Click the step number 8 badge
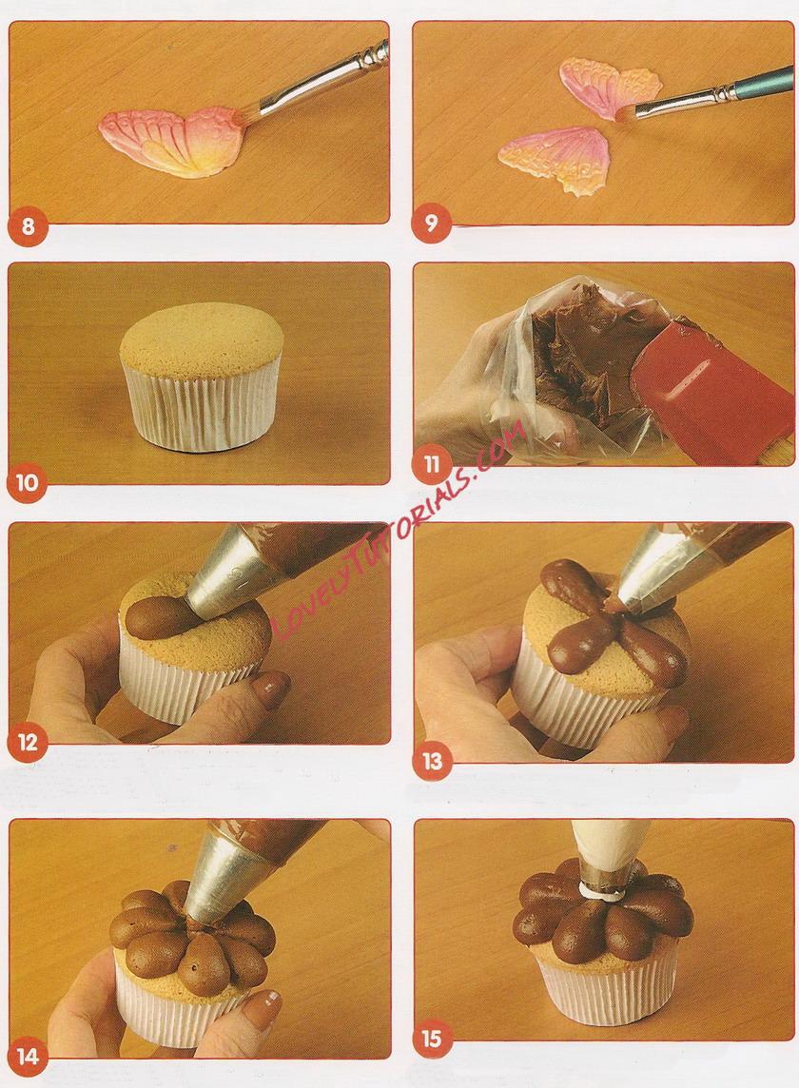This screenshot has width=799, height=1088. click(28, 226)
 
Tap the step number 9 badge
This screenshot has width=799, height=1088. click(431, 223)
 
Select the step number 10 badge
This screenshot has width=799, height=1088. click(27, 482)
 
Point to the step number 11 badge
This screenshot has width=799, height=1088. click(432, 463)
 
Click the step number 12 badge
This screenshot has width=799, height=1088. click(27, 743)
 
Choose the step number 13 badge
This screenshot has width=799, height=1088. click(432, 761)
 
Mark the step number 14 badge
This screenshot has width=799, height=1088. click(27, 1057)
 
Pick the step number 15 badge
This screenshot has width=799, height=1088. click(431, 1039)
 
